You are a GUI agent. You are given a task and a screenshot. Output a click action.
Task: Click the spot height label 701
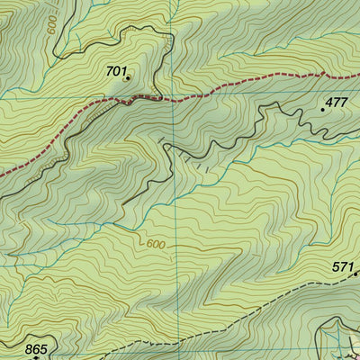[x=117, y=69]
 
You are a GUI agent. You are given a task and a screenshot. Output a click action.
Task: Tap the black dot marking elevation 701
[x=128, y=78]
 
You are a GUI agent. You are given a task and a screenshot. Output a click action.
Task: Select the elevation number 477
[x=336, y=102]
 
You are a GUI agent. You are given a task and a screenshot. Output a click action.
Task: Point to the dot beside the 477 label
[x=323, y=109]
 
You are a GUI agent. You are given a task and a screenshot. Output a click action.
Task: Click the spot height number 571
[x=342, y=267]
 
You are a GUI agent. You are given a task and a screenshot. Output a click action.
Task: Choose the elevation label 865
[x=36, y=348]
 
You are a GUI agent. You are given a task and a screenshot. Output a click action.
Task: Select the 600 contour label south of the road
[x=154, y=243]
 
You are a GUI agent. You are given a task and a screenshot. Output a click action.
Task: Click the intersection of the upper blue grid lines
[x=176, y=95]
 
